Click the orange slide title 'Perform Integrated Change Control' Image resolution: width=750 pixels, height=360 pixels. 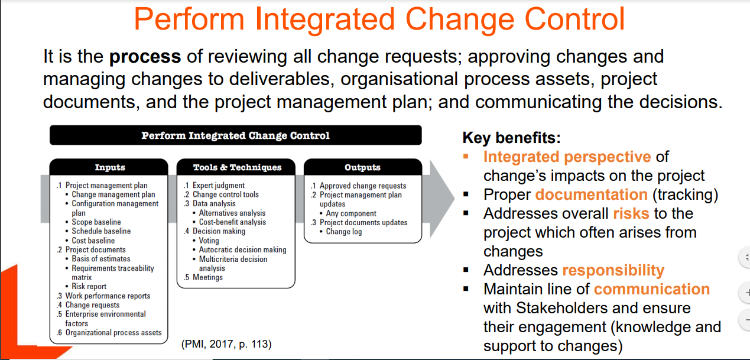coord(379,20)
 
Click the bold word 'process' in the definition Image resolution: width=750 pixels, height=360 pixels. coord(145,57)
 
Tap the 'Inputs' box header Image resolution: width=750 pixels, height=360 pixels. coord(109,167)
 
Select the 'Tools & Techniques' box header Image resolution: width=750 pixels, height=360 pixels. coord(237,167)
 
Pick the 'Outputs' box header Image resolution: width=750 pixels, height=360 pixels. coord(363,167)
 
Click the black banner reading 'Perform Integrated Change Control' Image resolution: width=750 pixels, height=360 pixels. coord(235,135)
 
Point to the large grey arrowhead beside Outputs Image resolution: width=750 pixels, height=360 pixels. coord(442,199)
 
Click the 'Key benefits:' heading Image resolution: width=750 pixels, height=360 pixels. coord(511,138)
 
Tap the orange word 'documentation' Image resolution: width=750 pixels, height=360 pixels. coord(591,194)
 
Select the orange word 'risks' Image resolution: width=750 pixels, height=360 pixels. coord(631,213)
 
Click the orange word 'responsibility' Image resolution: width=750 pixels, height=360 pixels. coord(613,271)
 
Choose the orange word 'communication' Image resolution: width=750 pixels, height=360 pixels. coord(651,289)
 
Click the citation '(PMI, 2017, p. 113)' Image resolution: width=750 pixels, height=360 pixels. coord(226,344)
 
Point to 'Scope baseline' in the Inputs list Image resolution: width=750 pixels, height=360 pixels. coord(96,222)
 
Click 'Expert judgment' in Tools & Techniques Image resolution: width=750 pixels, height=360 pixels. coord(219,186)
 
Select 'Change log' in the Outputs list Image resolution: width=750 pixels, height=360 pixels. coord(344,232)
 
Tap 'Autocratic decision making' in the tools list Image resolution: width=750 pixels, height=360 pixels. coord(243,250)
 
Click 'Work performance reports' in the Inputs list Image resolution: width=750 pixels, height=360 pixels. coord(108,296)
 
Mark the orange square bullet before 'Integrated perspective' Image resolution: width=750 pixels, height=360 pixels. coord(466,156)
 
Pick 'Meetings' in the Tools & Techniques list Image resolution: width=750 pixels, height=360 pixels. coord(207,277)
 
